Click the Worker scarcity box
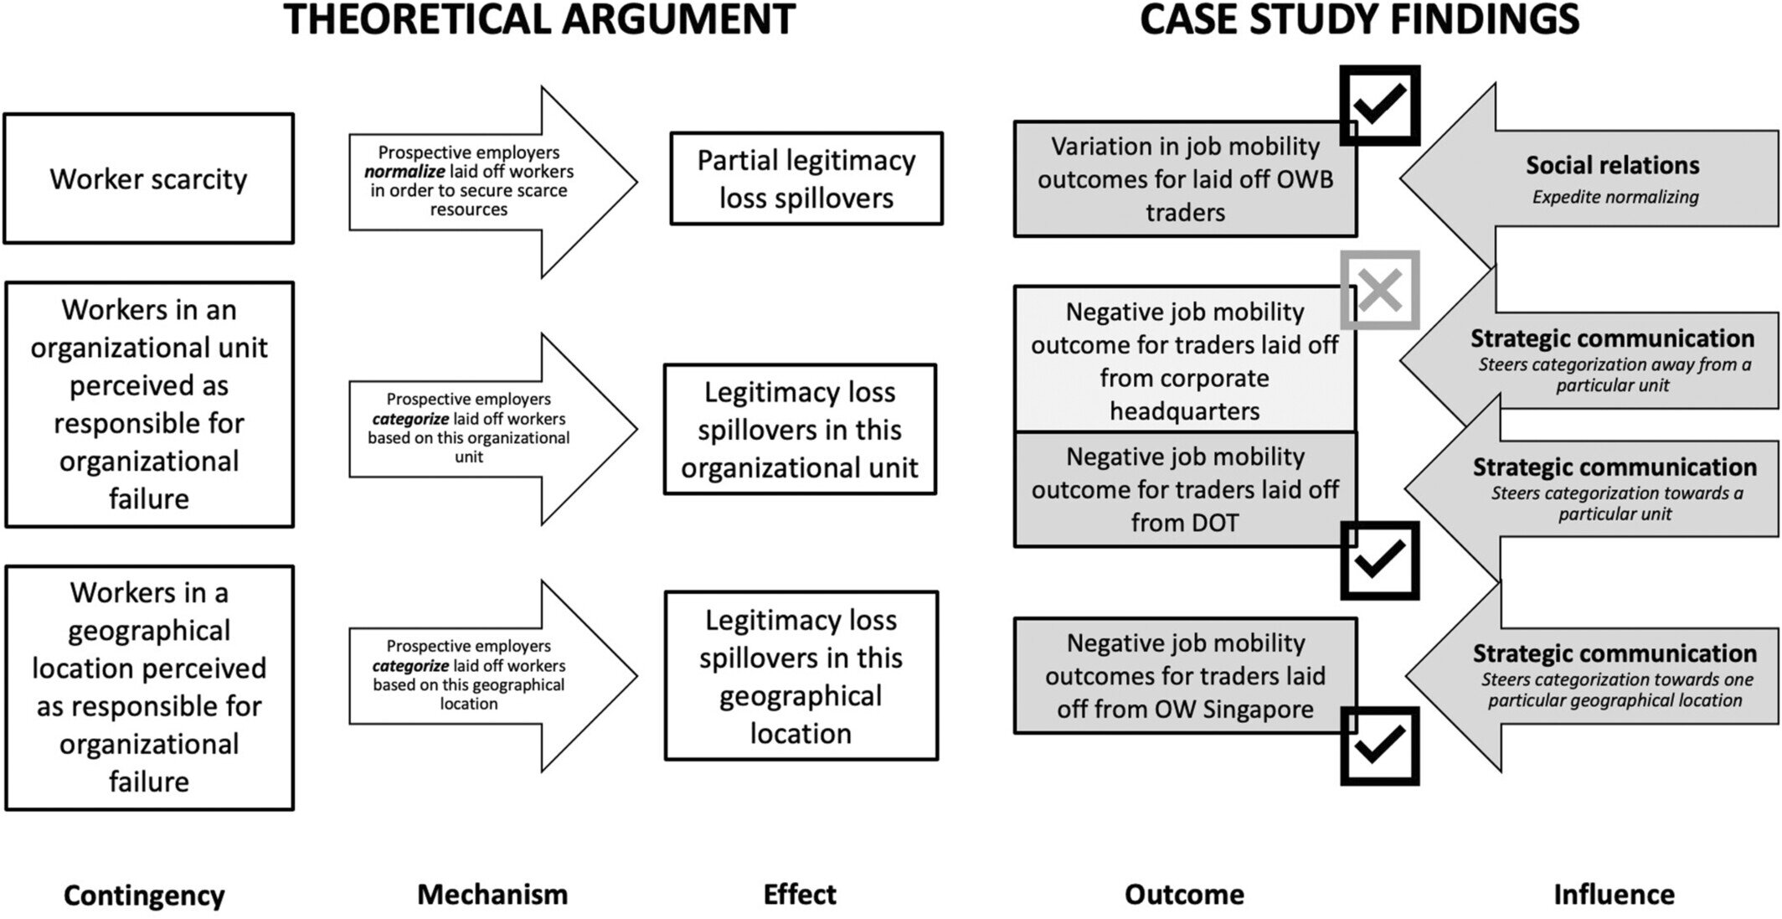[x=149, y=178]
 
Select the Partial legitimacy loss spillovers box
[x=806, y=178]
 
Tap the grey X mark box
[x=1379, y=290]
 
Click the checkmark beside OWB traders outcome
[x=1379, y=105]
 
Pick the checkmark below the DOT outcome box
[x=1379, y=560]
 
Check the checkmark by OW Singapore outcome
[x=1379, y=745]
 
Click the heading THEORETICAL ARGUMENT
[x=539, y=20]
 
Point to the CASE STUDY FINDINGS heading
[x=1359, y=20]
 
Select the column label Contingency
[x=144, y=895]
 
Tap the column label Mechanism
[x=492, y=895]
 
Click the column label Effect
[x=799, y=895]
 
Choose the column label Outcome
[x=1184, y=895]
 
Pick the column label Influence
[x=1614, y=895]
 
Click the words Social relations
[x=1612, y=165]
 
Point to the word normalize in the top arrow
[x=404, y=172]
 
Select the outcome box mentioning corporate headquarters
[x=1184, y=360]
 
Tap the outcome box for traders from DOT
[x=1184, y=489]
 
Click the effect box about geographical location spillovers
[x=801, y=676]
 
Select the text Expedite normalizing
[x=1615, y=197]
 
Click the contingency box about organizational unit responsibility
[x=149, y=405]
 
